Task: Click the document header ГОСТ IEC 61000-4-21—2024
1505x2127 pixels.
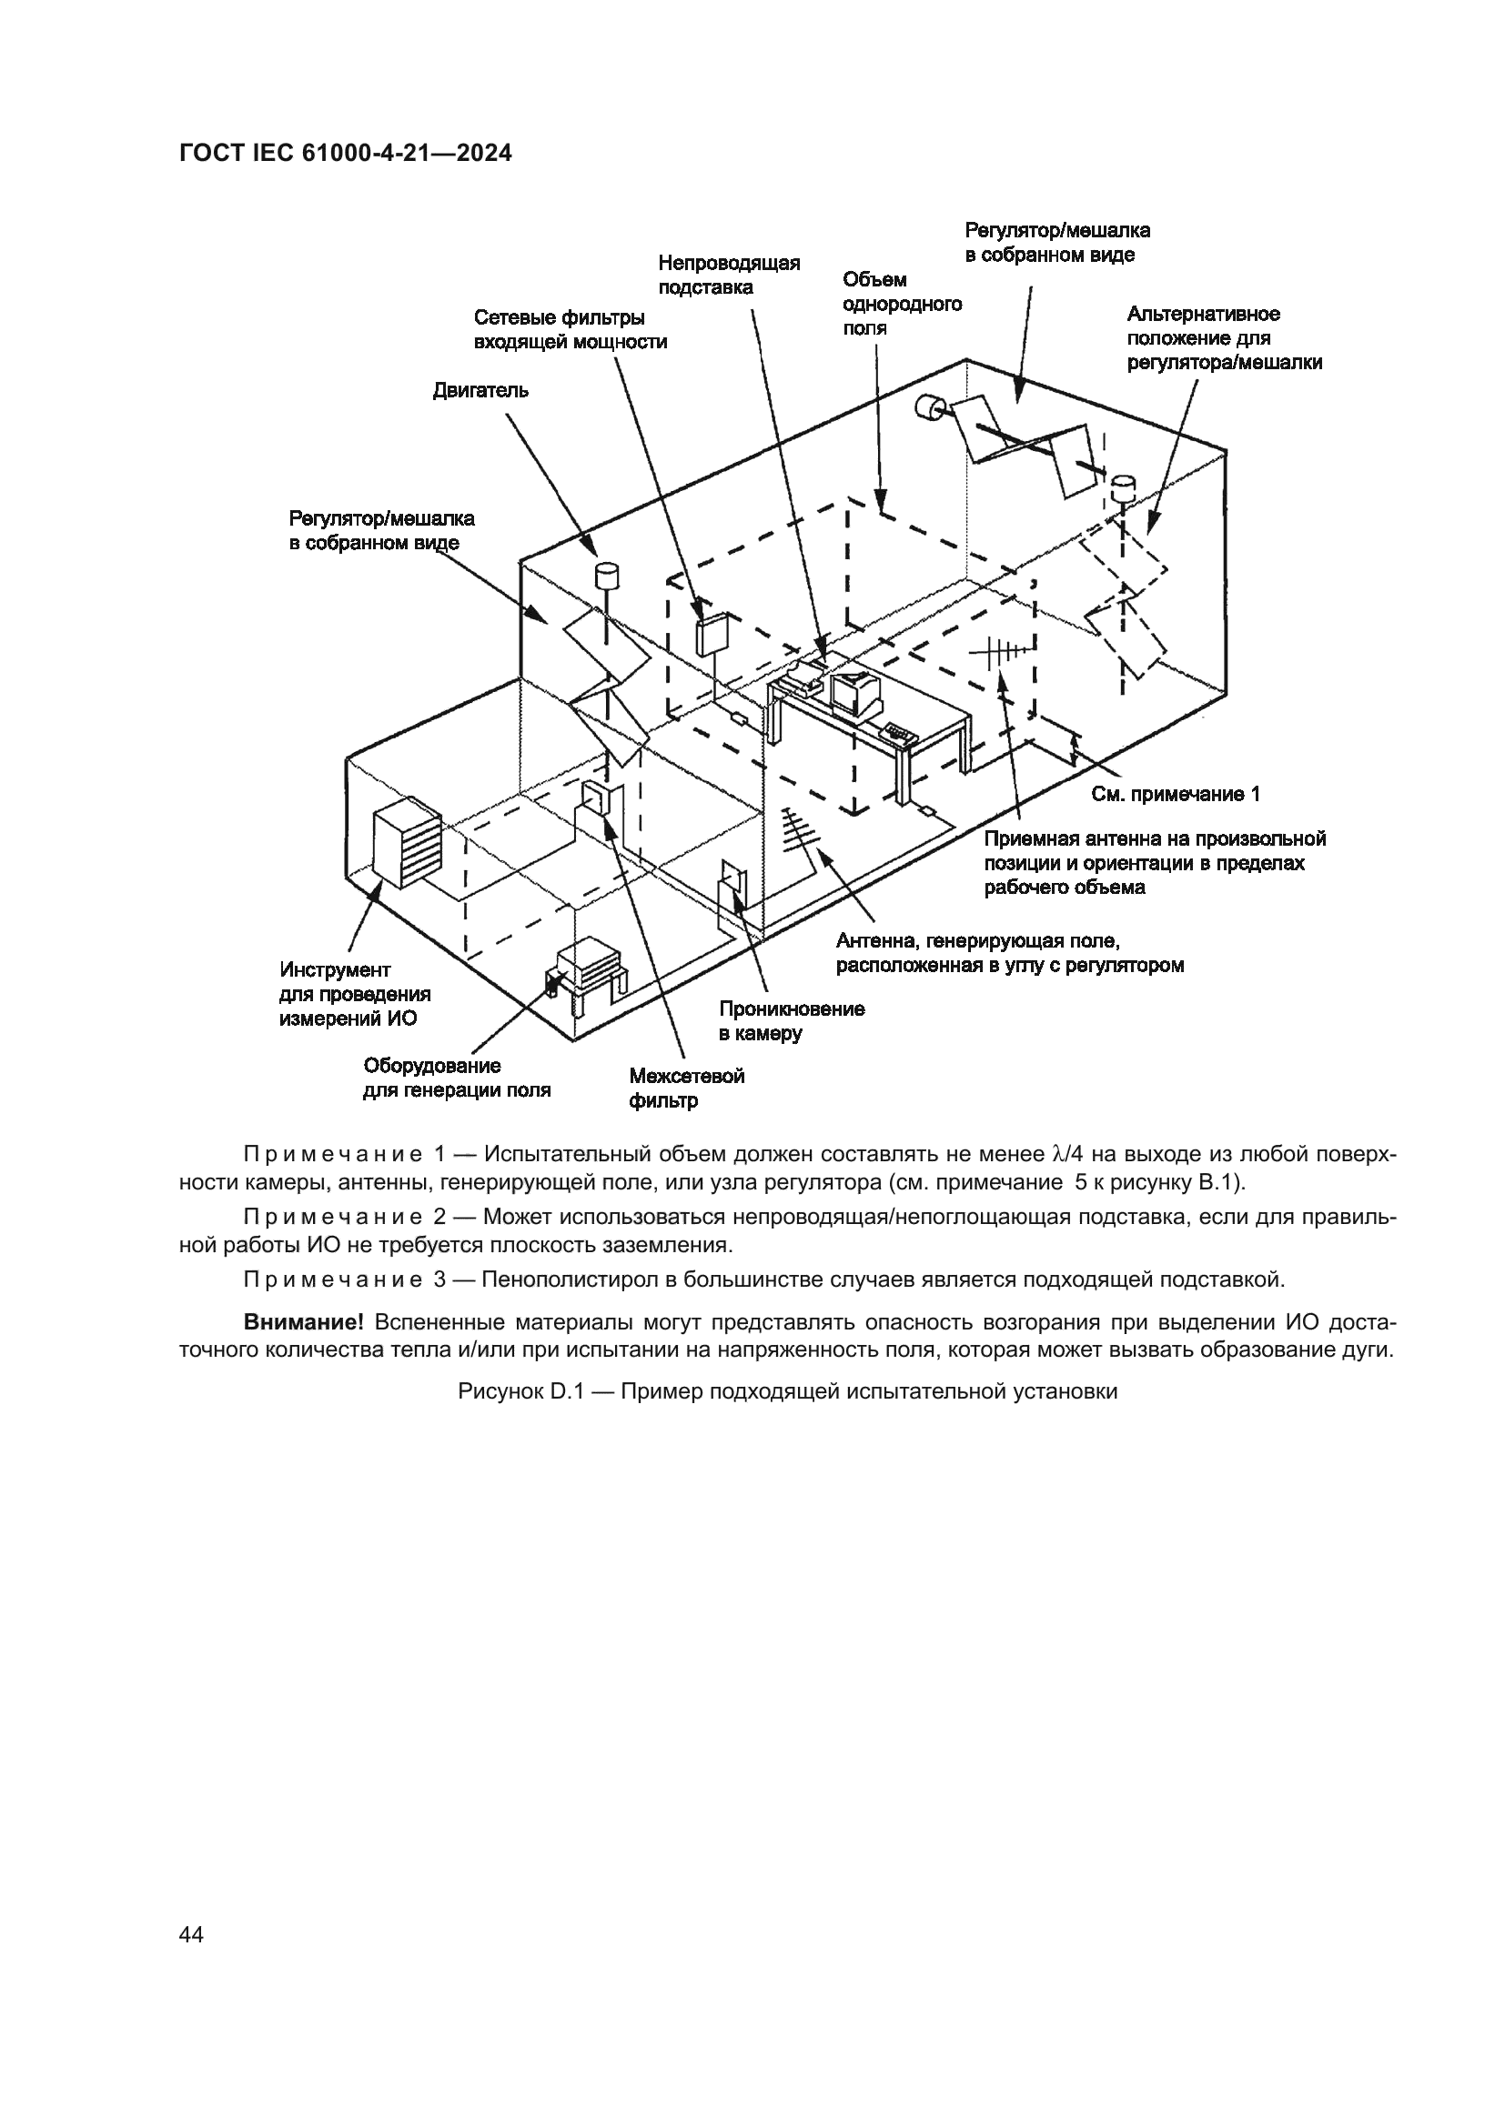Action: (x=345, y=154)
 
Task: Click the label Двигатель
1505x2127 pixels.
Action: (x=481, y=391)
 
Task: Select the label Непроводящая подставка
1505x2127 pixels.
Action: (x=729, y=276)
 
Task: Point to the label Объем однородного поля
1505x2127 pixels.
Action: (x=901, y=304)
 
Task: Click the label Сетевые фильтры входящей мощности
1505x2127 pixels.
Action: (x=570, y=330)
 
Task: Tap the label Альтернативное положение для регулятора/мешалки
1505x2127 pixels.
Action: (x=1223, y=338)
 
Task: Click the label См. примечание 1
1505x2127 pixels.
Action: (x=1175, y=794)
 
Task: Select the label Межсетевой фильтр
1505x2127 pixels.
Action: (x=686, y=1089)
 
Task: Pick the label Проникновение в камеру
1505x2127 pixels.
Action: (x=792, y=1021)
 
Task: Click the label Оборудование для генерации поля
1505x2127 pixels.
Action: (x=456, y=1079)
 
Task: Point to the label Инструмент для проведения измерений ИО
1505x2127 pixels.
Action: (x=355, y=994)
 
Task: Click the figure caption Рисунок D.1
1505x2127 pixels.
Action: (x=788, y=1392)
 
